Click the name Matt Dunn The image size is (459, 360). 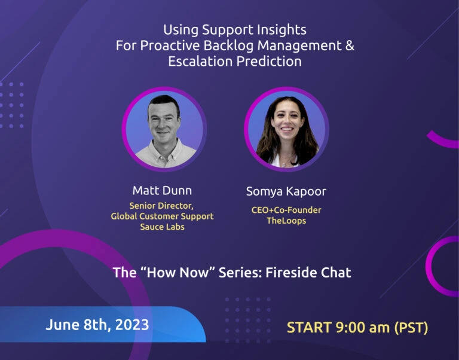tap(162, 191)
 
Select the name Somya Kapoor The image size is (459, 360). tap(286, 191)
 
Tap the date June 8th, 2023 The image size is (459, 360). tap(97, 325)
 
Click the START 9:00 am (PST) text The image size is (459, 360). tap(357, 328)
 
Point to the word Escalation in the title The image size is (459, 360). tap(200, 61)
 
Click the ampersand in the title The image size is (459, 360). tap(350, 45)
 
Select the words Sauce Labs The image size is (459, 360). tap(162, 227)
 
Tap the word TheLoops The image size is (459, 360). tap(286, 221)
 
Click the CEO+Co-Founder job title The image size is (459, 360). tap(286, 210)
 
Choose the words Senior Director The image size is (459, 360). tap(161, 206)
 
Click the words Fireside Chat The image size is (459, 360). tap(308, 273)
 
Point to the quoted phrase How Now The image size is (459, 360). tap(178, 273)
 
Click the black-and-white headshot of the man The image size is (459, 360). tap(164, 129)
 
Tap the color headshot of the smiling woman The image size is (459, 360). tap(287, 129)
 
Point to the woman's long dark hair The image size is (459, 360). tap(307, 138)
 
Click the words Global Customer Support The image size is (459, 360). tap(162, 216)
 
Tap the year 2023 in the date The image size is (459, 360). tap(132, 325)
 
